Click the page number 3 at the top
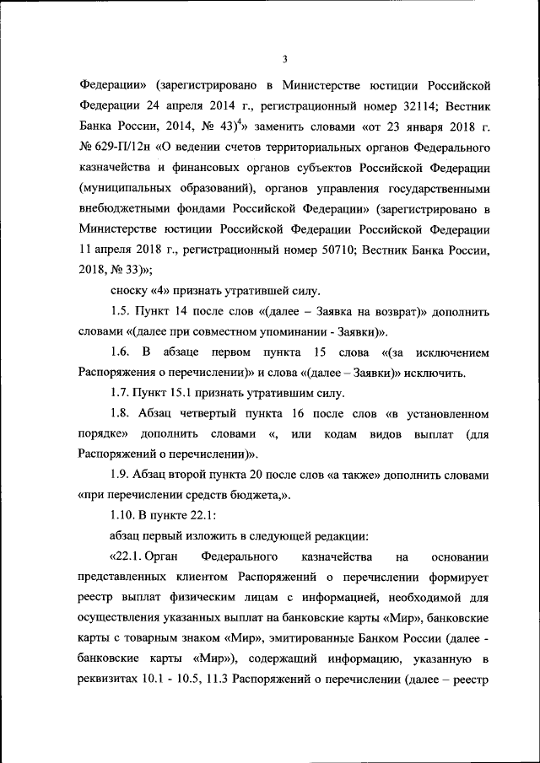(x=286, y=58)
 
